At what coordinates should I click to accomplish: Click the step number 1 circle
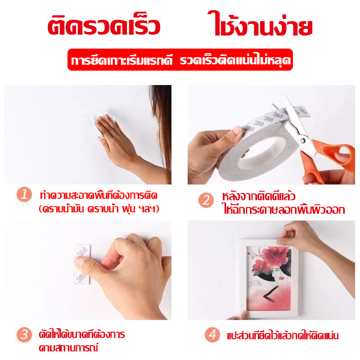pyautogui.click(x=24, y=194)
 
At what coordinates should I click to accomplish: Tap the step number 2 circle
pyautogui.click(x=206, y=200)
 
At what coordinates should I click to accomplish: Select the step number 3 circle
pyautogui.click(x=24, y=334)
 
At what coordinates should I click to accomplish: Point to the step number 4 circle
pyautogui.click(x=212, y=334)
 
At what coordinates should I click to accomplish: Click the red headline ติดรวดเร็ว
pyautogui.click(x=103, y=26)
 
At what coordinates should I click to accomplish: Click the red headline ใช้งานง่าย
pyautogui.click(x=260, y=24)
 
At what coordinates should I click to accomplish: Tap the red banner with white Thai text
pyautogui.click(x=180, y=60)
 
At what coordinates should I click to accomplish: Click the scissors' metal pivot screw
pyautogui.click(x=303, y=140)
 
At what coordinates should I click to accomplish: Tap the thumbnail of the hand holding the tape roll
pyautogui.click(x=237, y=130)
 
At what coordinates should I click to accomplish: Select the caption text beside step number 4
pyautogui.click(x=283, y=335)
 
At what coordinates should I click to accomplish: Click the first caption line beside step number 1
pyautogui.click(x=99, y=195)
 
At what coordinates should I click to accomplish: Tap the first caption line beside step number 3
pyautogui.click(x=82, y=334)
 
